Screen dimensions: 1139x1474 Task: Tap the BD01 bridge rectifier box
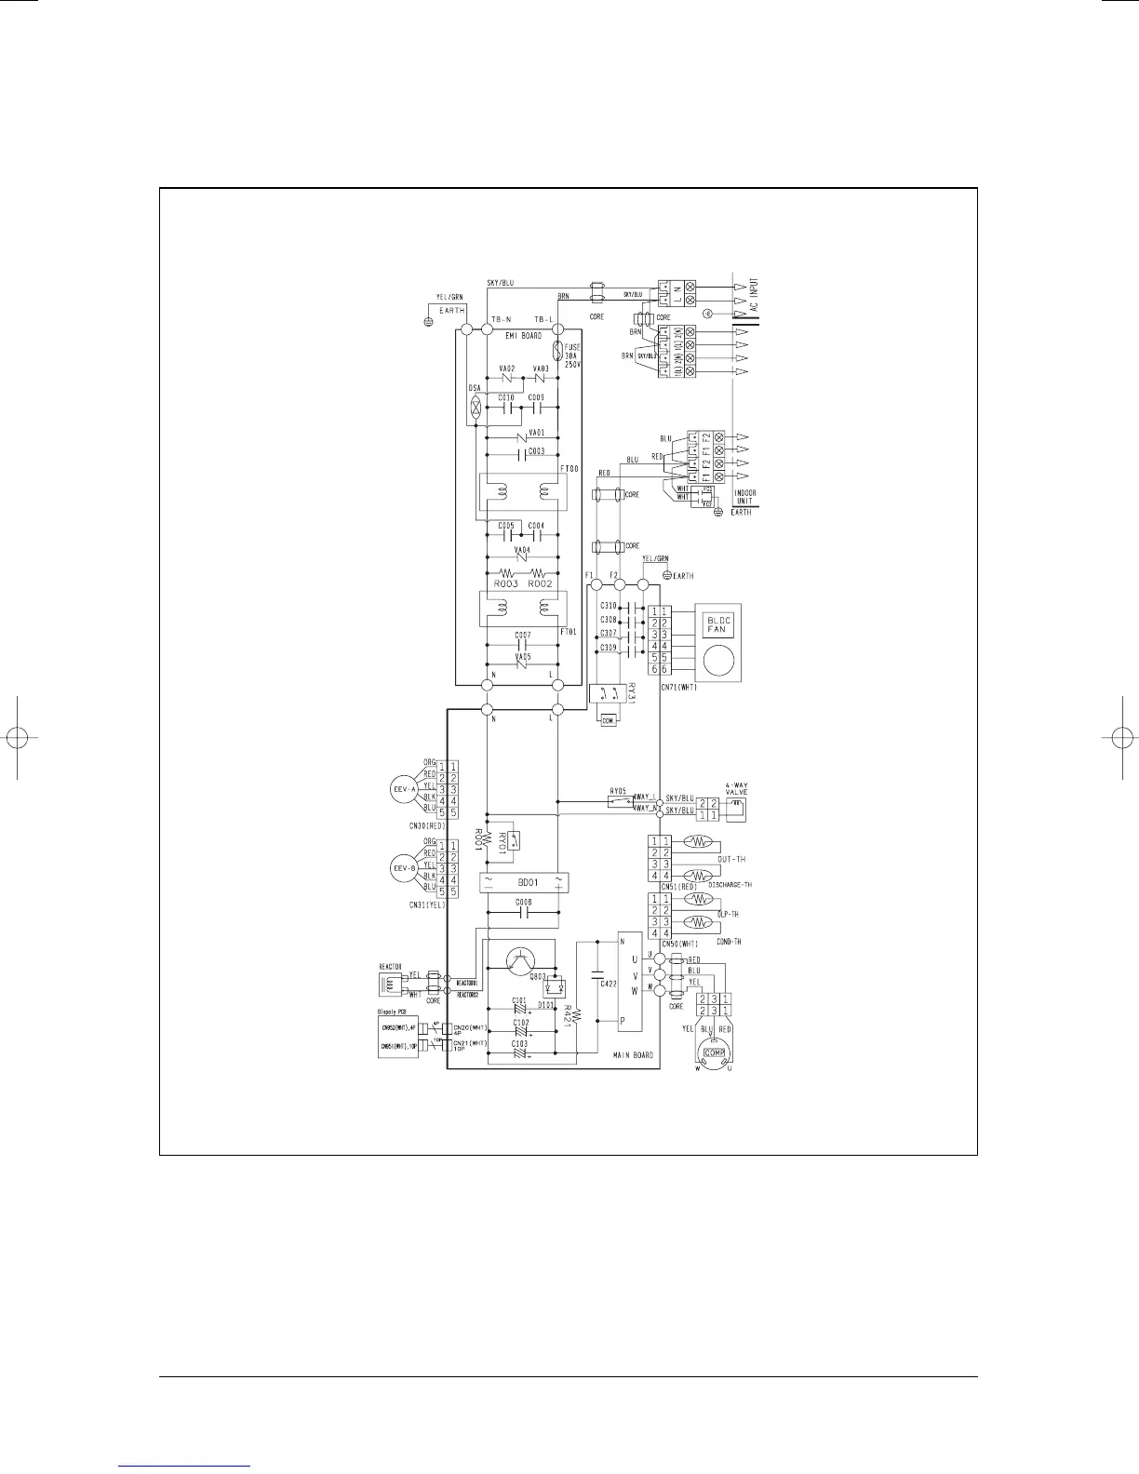click(x=522, y=882)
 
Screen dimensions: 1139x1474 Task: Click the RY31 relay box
click(x=608, y=693)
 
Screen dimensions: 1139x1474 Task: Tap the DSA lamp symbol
click(x=475, y=407)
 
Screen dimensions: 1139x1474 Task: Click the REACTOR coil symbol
click(x=391, y=983)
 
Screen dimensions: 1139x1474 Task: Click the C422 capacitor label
click(x=608, y=983)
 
